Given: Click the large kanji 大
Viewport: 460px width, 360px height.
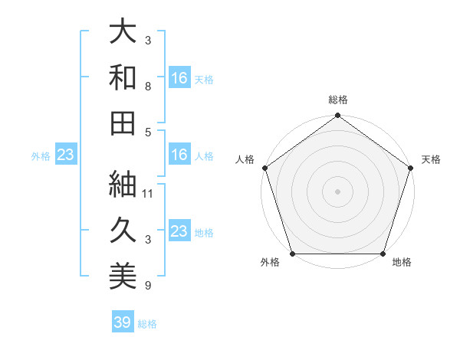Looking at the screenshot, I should (123, 33).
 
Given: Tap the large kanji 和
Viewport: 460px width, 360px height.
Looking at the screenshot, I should (123, 78).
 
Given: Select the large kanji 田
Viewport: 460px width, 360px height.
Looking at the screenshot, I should (123, 123).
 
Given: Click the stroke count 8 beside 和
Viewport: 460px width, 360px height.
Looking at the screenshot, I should (148, 87).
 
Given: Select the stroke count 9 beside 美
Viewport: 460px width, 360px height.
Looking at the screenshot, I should (148, 286).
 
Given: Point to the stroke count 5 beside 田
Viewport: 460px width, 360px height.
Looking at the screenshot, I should (148, 132).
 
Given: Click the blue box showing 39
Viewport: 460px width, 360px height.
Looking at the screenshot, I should (123, 322).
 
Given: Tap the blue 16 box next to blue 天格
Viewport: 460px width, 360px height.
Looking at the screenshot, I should (179, 77).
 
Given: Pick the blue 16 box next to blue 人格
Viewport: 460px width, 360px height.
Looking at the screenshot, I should (179, 155).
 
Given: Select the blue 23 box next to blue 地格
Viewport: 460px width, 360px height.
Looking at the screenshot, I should (179, 231).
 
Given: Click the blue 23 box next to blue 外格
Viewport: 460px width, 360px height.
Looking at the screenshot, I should (66, 155).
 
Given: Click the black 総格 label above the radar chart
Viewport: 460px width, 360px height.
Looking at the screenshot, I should (338, 100).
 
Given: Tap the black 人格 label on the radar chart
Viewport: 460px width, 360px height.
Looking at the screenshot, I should (246, 159).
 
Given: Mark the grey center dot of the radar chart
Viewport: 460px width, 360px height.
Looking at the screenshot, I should (338, 191).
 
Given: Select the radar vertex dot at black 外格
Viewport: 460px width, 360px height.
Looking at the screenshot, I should (293, 254).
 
